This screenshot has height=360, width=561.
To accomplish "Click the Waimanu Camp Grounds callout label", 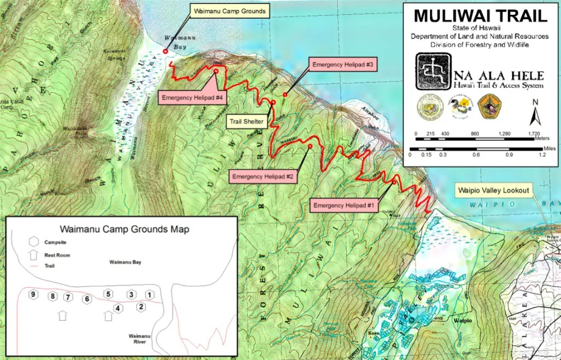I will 229,11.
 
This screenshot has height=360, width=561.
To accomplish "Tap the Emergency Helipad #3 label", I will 342,65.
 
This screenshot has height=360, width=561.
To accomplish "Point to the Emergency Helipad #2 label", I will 264,176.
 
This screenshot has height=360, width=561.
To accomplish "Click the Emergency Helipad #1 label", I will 343,205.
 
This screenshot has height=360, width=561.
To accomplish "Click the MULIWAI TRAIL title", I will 481,15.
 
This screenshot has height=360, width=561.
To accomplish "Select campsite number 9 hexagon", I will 33,295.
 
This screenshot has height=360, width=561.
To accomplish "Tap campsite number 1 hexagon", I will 149,295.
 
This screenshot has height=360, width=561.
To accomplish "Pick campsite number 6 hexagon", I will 86,299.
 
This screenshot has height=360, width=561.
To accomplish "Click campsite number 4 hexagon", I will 117,308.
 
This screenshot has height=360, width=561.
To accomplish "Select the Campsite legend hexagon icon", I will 34,242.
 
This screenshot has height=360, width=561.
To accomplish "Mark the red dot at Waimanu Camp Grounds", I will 165,52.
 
